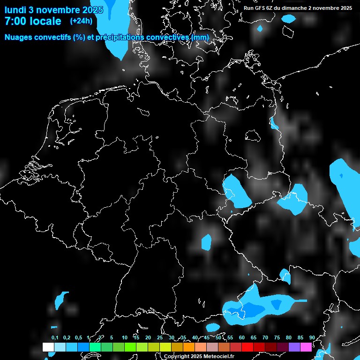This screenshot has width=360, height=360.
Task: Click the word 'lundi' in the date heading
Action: click(15, 9)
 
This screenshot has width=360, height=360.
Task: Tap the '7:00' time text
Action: click(16, 21)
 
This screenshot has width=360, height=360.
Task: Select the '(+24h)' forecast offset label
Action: click(81, 21)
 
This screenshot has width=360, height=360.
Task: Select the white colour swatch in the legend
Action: click(48, 347)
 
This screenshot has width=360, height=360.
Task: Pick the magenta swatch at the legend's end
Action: click(306, 347)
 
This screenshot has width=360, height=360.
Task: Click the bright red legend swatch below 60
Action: click(247, 347)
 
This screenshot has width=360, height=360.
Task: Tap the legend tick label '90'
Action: click(312, 338)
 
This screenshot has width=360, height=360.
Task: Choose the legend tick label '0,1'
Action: click(55, 338)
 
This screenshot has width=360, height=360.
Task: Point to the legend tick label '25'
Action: click(159, 338)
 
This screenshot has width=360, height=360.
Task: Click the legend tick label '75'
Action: click(277, 338)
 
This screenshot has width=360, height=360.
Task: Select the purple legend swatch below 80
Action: click(294, 347)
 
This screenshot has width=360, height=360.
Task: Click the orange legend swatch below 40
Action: click(188, 347)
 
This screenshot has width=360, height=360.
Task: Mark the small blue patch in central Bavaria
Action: click(206, 241)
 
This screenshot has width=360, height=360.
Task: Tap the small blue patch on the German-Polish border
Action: click(274, 124)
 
